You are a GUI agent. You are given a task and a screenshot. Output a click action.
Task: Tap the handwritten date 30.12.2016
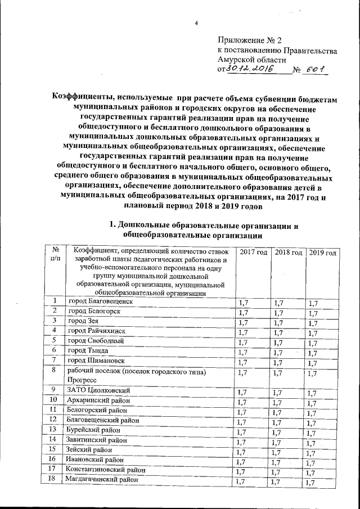point(249,69)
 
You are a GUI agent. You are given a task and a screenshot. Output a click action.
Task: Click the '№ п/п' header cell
point(55,254)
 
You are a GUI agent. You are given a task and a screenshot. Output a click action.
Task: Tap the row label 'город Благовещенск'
point(100,301)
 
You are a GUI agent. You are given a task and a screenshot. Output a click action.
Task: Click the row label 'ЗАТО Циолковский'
point(98,390)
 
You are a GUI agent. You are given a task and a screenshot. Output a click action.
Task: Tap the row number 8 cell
point(53,371)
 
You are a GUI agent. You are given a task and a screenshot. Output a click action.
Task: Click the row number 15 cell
point(53,449)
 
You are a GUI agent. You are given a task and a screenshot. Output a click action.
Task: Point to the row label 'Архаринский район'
point(98,400)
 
